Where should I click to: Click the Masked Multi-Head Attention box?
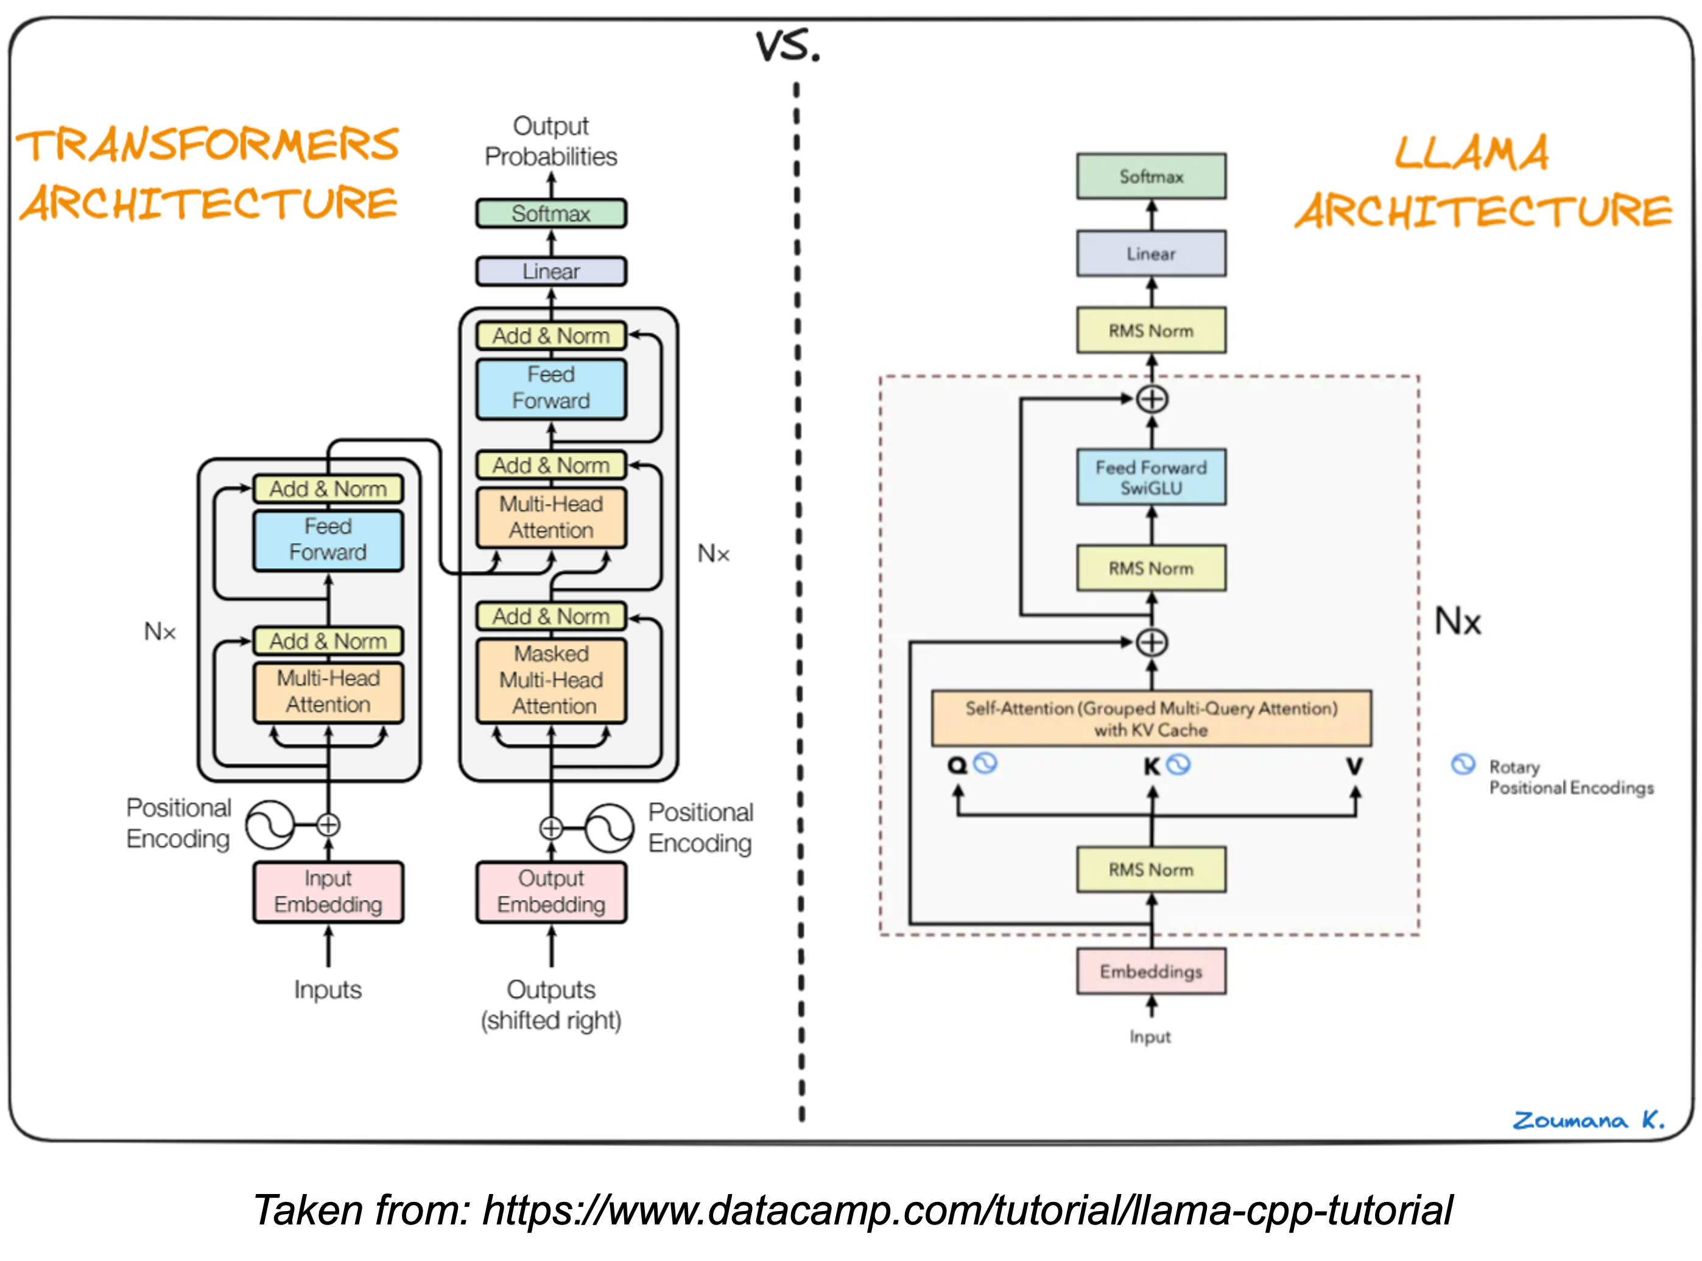click(551, 680)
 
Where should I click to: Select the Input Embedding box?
click(328, 891)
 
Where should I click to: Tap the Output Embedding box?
click(551, 891)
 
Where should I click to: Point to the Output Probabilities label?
click(551, 141)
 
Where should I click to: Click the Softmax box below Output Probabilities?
click(551, 214)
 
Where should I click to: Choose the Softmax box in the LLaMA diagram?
click(1151, 177)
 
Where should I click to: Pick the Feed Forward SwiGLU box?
click(1151, 477)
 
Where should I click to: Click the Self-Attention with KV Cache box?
click(1151, 718)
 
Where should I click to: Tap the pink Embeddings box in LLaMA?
click(1151, 971)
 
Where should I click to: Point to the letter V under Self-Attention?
click(1354, 765)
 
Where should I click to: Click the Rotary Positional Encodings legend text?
click(1570, 777)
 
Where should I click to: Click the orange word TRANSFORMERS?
click(208, 145)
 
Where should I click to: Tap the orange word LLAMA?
click(1471, 153)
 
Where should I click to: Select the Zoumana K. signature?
click(1588, 1120)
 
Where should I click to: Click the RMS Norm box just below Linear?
click(1151, 331)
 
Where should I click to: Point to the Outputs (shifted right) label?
click(551, 1005)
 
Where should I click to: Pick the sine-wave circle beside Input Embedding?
click(269, 825)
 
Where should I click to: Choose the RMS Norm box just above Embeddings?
click(1151, 869)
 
